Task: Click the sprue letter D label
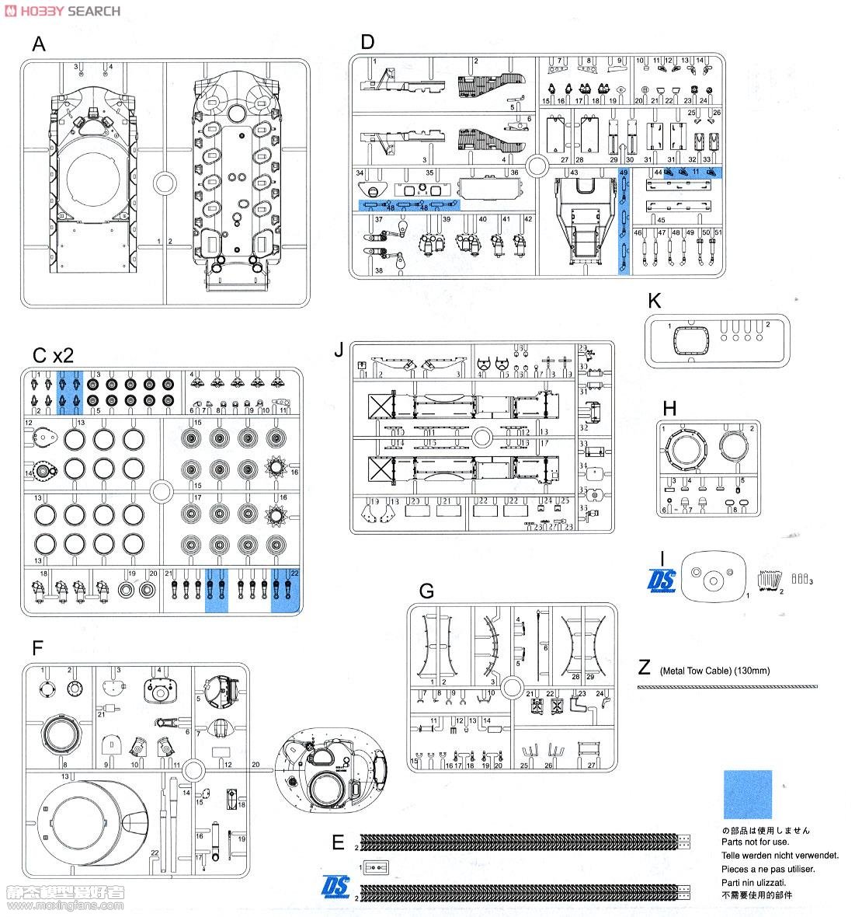point(367,42)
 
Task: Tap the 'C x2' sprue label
point(53,355)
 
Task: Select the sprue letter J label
point(339,350)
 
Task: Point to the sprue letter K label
point(654,301)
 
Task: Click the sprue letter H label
point(669,407)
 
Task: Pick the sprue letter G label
point(426,591)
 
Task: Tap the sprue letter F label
point(37,647)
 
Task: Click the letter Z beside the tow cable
point(644,668)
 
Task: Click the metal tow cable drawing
point(727,687)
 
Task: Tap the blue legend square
point(748,794)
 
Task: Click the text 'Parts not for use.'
point(756,842)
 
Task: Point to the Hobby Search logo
point(62,10)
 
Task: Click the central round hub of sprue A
point(165,184)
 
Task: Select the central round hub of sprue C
point(162,491)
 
